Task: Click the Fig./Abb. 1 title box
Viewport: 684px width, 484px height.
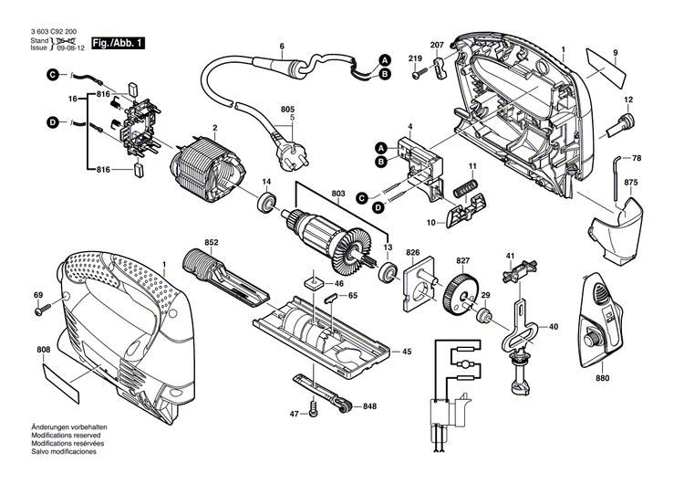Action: coord(117,43)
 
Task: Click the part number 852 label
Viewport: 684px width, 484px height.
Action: coord(212,243)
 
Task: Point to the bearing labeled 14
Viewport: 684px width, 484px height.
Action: coord(267,200)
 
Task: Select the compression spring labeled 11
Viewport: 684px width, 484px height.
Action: coord(466,189)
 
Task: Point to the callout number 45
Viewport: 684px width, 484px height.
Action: coord(407,351)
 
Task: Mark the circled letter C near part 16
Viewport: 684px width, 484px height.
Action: coord(53,85)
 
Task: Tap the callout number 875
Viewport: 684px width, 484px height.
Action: coord(631,184)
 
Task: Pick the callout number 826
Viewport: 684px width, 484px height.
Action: coord(412,253)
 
